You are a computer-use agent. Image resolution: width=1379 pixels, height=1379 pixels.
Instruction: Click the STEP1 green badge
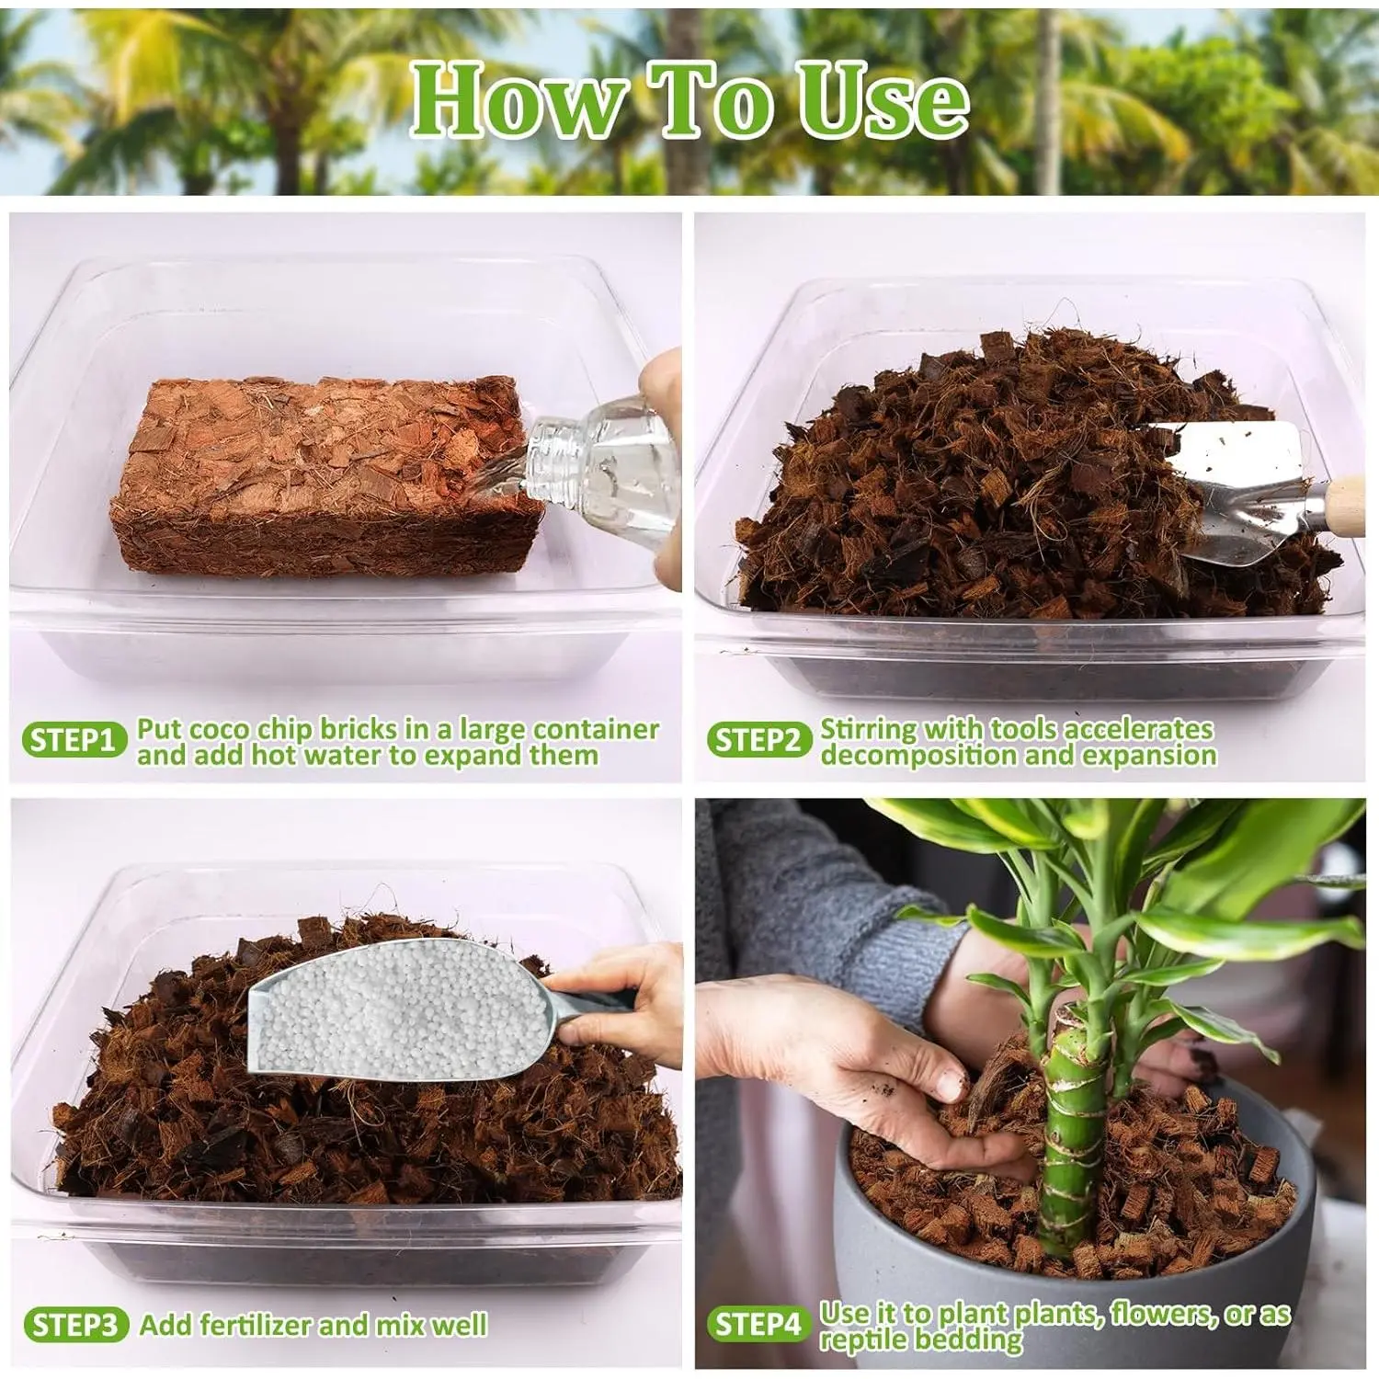tap(73, 740)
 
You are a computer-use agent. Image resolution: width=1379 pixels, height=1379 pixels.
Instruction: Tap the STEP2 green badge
tap(758, 740)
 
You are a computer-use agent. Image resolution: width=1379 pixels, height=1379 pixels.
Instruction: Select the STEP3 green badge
tap(75, 1325)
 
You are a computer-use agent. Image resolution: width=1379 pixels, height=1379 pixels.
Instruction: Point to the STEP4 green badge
tap(758, 1325)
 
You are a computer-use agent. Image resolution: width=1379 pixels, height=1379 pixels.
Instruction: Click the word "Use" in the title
tap(883, 100)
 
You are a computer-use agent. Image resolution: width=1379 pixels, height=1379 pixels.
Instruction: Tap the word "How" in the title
tap(519, 100)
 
